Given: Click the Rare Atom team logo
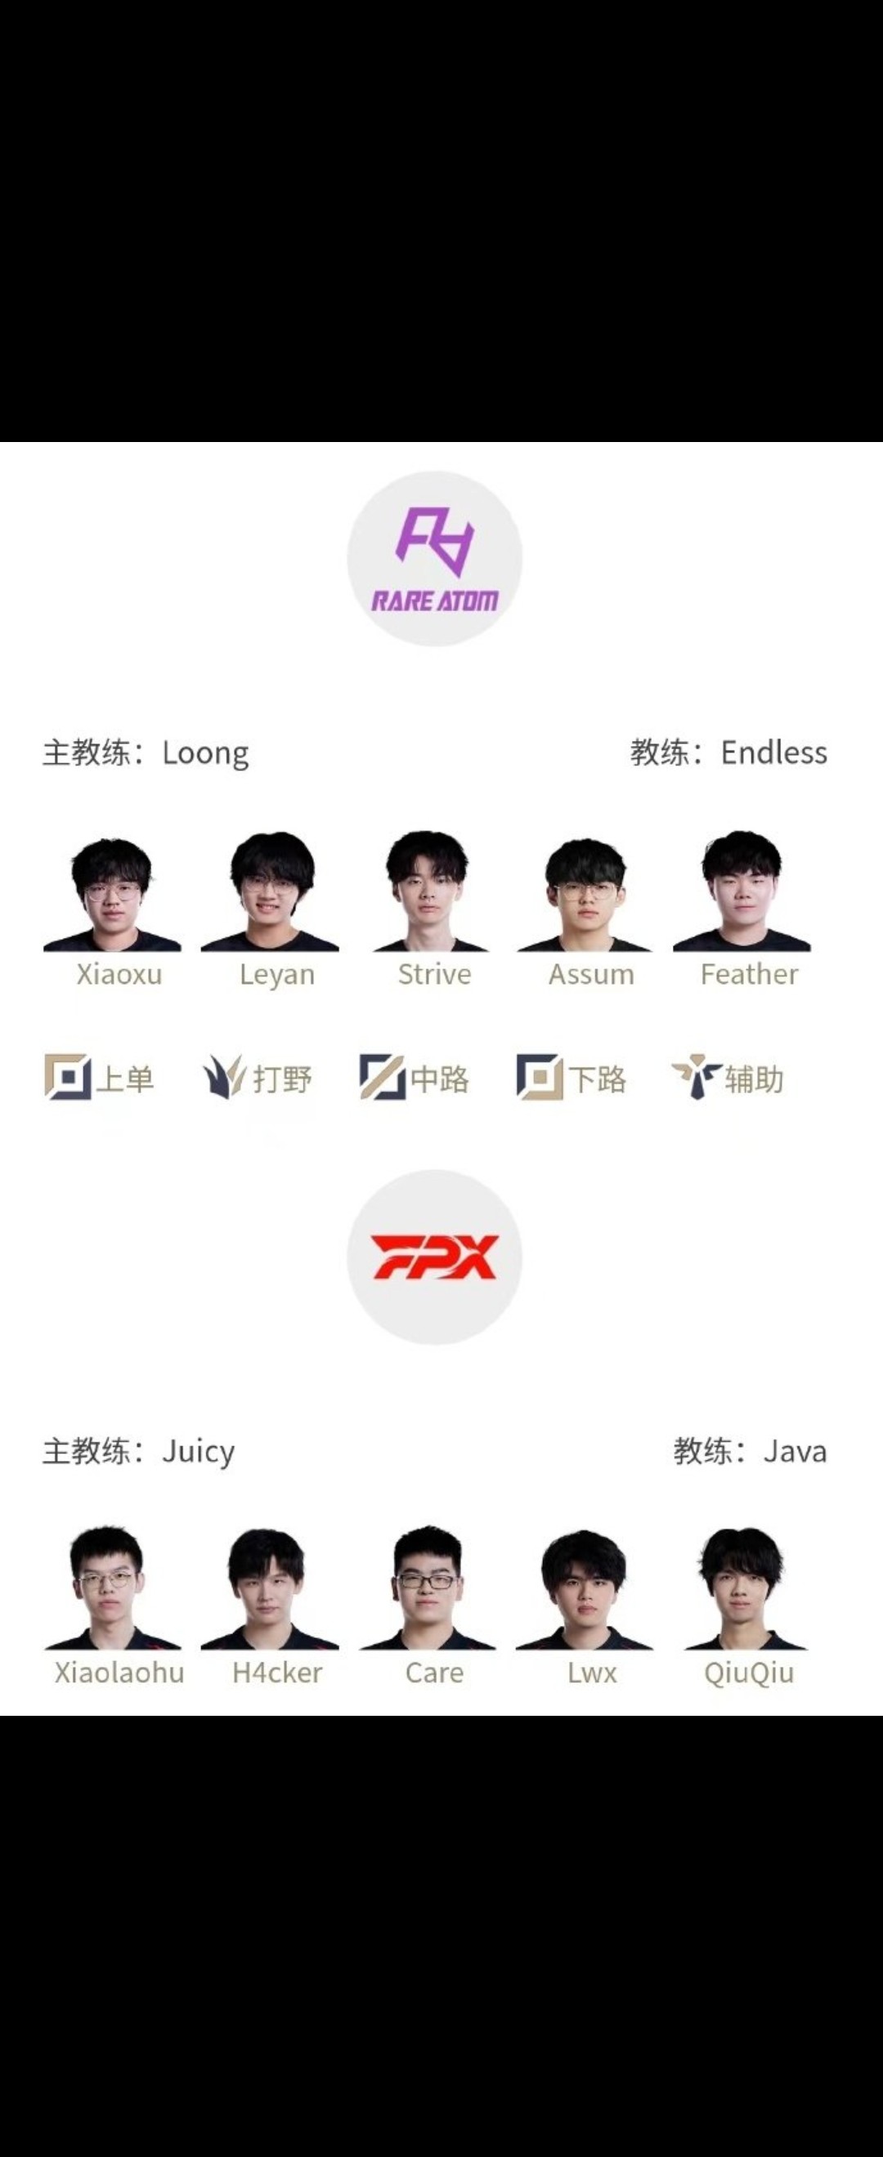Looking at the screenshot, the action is coord(435,559).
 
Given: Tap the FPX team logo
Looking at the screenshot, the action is coord(435,1257).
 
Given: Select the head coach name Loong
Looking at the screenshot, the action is coord(205,752).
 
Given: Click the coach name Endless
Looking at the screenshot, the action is coord(774,752).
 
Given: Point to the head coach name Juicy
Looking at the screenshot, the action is coord(199,1451).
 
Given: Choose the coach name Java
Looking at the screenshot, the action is coord(795,1451).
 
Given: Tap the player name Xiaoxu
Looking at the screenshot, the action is coord(119,974).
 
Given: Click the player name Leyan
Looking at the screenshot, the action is coord(277,975).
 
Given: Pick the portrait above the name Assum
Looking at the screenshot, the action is coord(585,895).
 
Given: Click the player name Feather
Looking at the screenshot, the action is coord(750,974).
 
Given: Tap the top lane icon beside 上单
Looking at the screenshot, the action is coord(68,1077).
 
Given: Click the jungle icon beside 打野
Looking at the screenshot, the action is coord(224,1077).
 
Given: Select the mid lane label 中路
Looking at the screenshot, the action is coord(440,1078).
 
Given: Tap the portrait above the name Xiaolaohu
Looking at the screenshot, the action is coord(112,1588).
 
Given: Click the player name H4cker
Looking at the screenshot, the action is coord(277,1672).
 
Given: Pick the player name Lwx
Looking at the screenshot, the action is coord(592,1672).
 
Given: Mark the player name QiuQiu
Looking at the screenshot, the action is coord(749,1673).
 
